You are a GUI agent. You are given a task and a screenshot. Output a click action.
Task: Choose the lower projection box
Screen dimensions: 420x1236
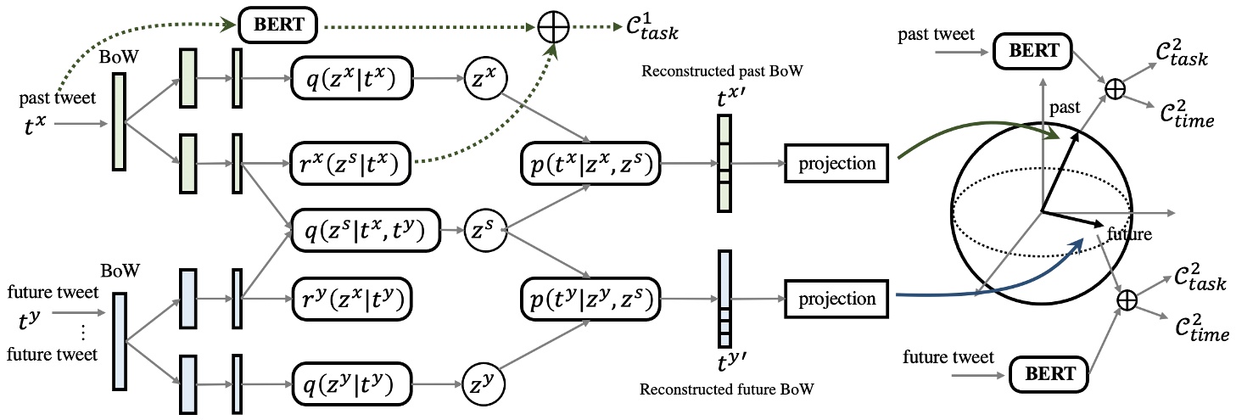[836, 299]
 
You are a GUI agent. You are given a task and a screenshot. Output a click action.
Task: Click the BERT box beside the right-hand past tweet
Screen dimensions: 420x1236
[1033, 51]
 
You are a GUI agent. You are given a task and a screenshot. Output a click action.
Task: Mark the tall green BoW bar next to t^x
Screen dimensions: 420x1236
[118, 120]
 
